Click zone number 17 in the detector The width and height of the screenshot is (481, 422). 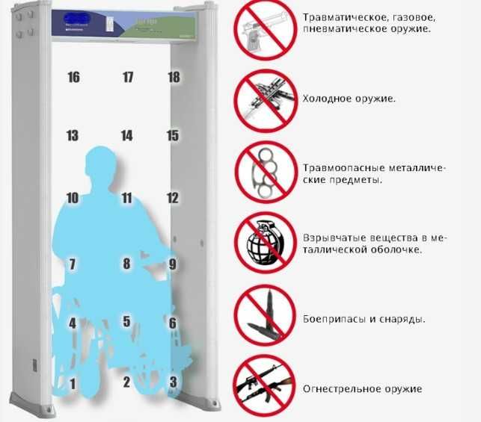128,77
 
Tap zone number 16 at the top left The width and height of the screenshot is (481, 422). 73,77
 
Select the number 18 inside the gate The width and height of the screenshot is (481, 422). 174,77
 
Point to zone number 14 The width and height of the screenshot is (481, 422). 127,136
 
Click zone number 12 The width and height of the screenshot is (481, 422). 173,198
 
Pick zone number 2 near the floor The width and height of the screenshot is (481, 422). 126,382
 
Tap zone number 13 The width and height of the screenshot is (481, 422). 73,136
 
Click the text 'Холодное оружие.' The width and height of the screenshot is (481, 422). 349,99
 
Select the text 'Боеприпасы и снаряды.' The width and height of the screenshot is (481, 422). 364,319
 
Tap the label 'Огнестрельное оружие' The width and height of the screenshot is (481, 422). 362,389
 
